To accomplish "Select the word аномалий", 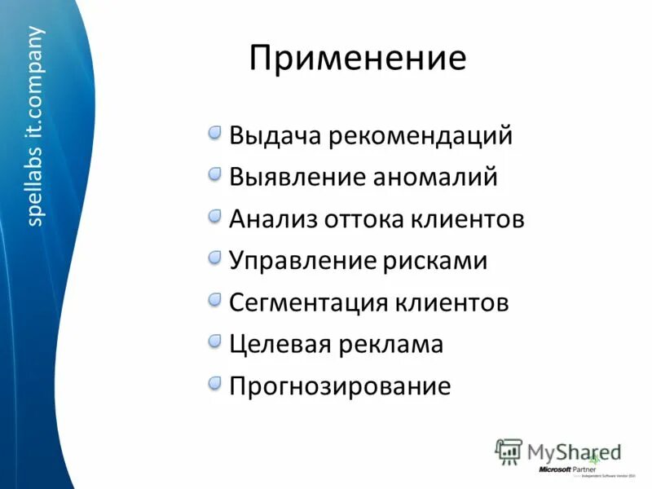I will click(434, 177).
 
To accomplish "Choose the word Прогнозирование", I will click(340, 386).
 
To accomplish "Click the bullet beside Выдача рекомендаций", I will click(214, 132).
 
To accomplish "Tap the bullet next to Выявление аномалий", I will click(214, 174).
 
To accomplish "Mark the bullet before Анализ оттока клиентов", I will click(214, 216).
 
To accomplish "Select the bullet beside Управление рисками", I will click(214, 258).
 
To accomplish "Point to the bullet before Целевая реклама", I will click(214, 341).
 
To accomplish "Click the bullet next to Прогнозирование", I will click(214, 382).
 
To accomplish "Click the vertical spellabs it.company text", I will click(36, 126).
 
